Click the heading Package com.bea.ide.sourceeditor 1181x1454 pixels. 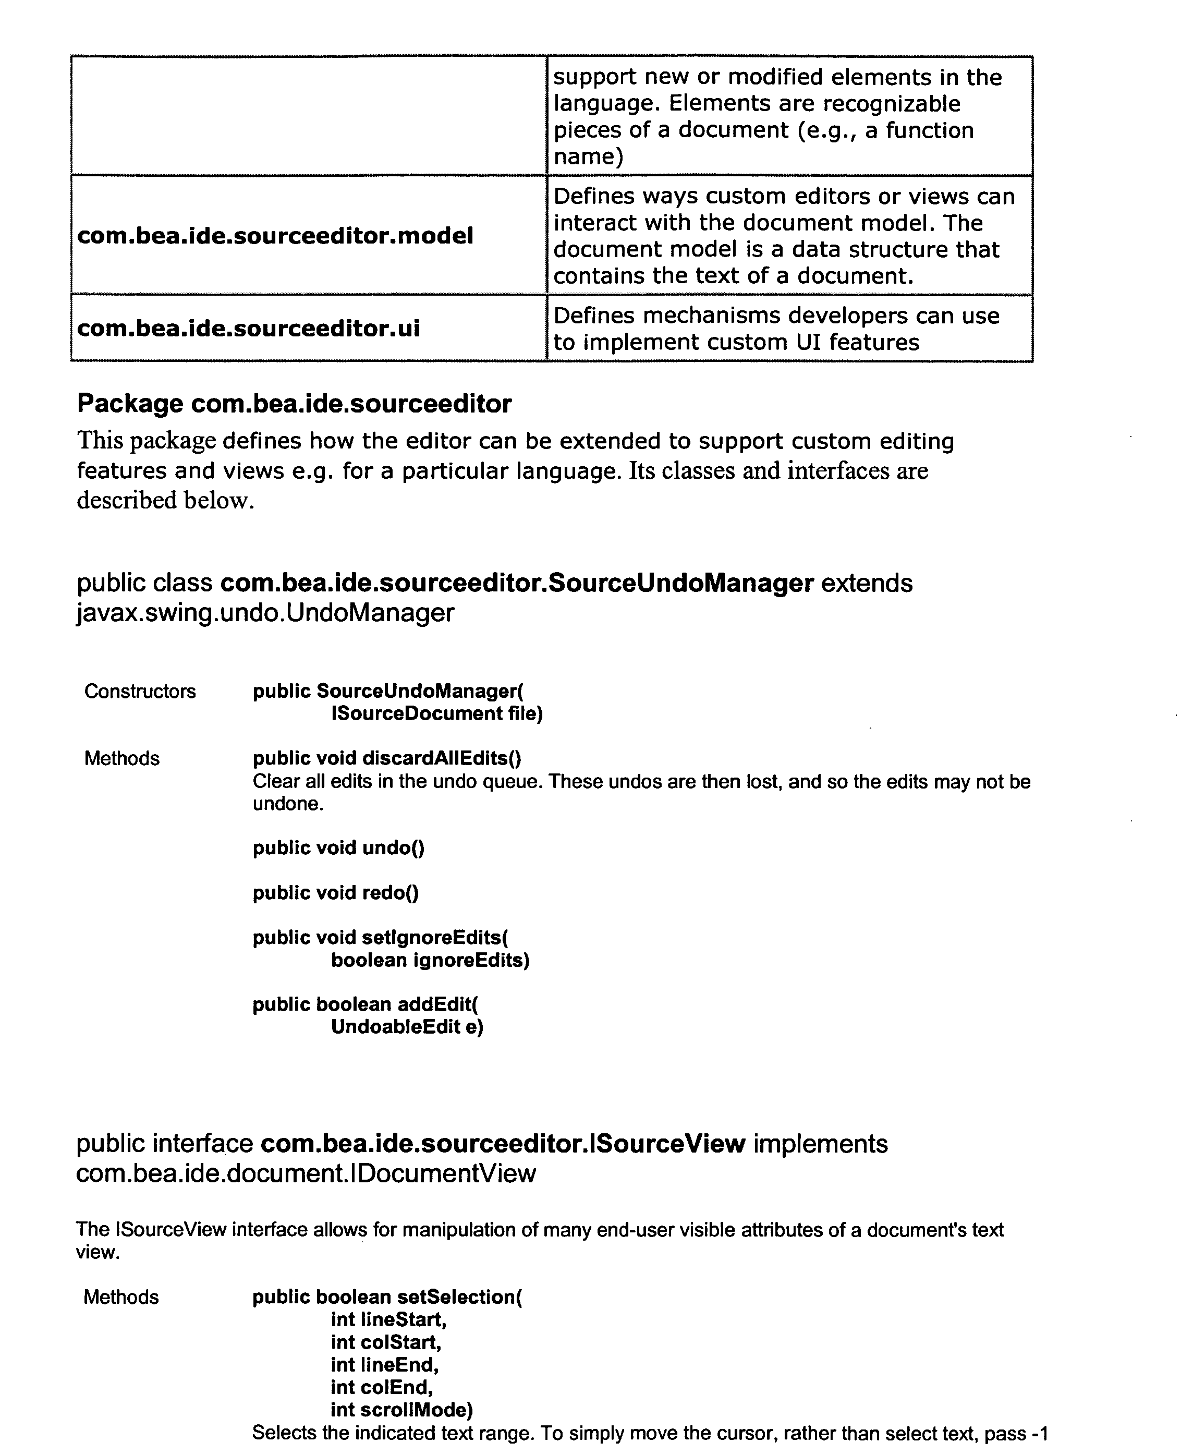point(294,404)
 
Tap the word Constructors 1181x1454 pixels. point(139,692)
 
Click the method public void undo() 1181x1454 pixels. point(338,848)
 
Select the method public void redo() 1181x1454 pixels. point(335,893)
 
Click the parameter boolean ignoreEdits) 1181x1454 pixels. point(430,960)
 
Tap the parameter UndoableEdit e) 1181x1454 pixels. point(407,1027)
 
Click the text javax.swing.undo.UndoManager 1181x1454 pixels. point(265,613)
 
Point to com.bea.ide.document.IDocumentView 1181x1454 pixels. point(306,1173)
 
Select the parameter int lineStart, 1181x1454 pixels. point(388,1319)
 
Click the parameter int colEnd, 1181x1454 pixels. point(382,1387)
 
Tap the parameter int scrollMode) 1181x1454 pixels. point(401,1409)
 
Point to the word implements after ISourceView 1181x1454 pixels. point(820,1144)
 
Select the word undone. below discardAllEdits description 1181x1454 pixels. point(288,804)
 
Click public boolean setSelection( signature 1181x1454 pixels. point(386,1297)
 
